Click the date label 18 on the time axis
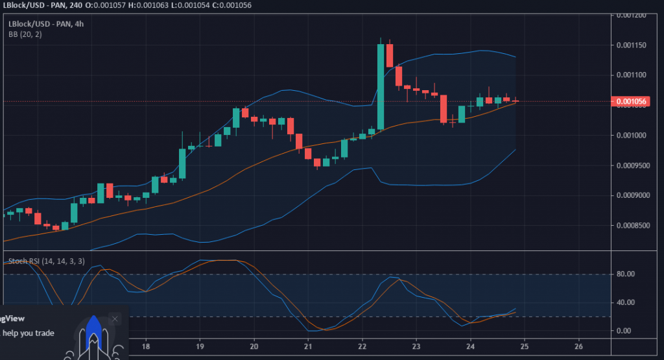146,345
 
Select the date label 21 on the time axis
308,345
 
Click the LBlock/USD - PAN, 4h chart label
46,24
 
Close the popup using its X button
115,318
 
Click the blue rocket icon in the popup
93,334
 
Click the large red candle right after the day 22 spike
390,55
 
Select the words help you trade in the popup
27,333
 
